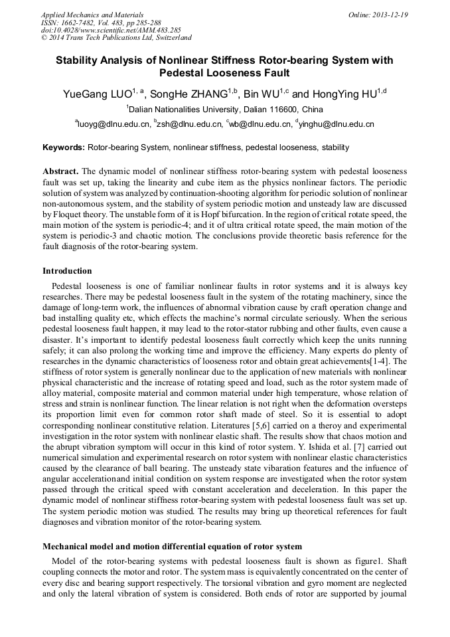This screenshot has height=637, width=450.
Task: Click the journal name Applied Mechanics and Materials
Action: click(92, 14)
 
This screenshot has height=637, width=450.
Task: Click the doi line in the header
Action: click(110, 30)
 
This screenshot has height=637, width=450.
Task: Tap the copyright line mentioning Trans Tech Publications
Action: click(116, 38)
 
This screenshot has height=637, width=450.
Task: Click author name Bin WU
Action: click(260, 94)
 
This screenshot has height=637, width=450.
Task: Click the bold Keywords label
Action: click(64, 147)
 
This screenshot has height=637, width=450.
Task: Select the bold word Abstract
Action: click(60, 171)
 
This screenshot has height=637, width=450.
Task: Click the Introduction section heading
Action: click(67, 270)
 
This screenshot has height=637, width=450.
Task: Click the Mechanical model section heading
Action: click(172, 546)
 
